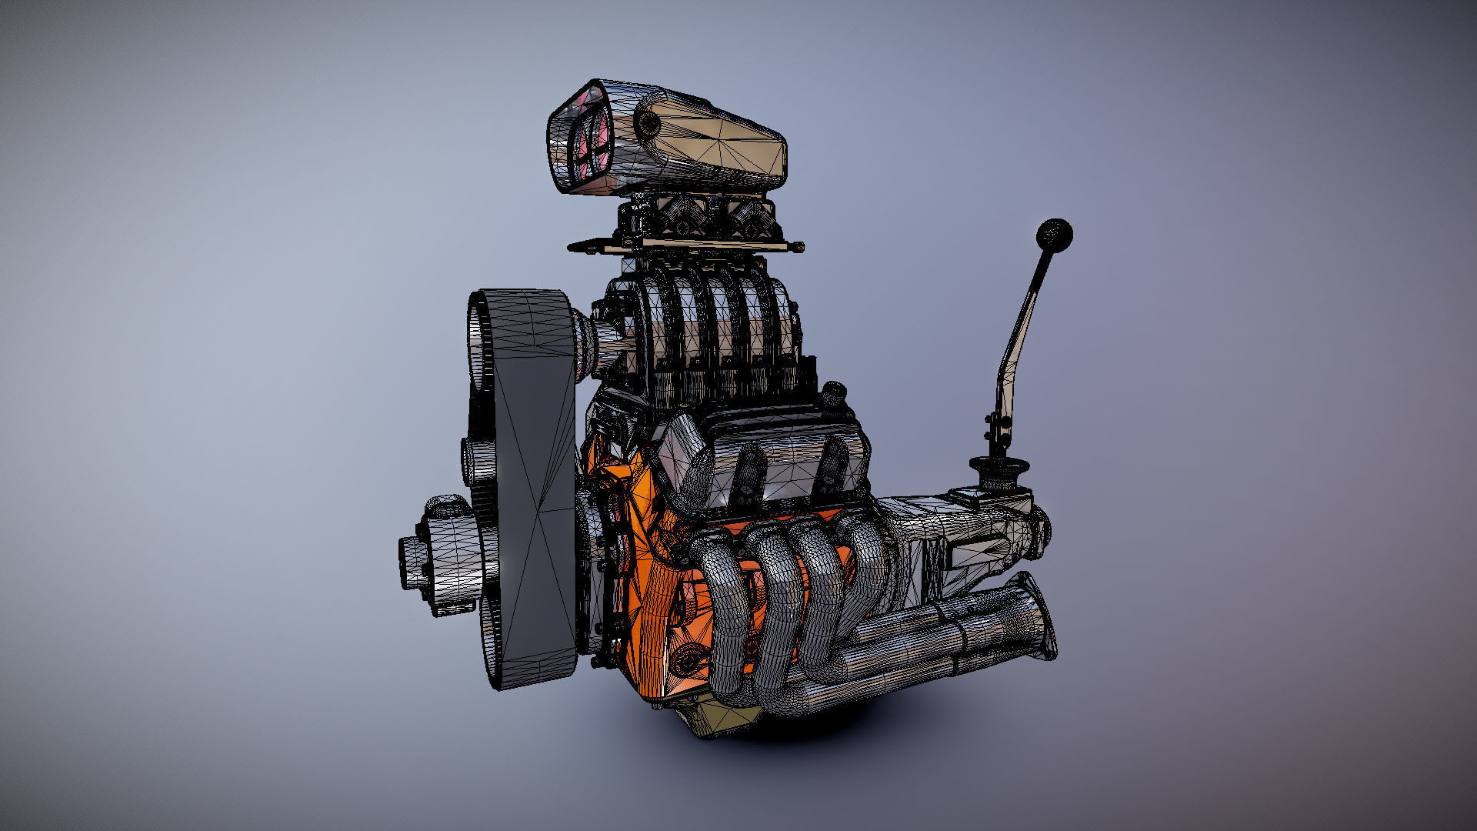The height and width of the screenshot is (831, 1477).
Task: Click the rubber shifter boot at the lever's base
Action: (x=999, y=469)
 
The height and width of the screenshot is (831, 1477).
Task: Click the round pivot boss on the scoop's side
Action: (x=651, y=123)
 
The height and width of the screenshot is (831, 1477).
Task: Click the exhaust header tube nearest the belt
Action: (x=719, y=608)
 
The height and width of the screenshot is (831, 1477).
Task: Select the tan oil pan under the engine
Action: (x=715, y=719)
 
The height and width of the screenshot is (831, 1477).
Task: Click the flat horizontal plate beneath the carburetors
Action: (x=685, y=245)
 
